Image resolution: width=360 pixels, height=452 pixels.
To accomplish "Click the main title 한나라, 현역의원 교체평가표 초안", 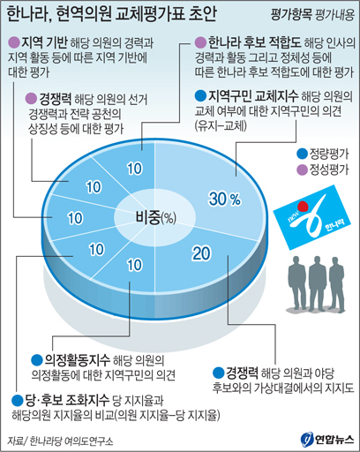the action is click(x=111, y=14).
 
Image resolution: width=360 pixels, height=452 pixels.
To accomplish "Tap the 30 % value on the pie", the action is click(x=225, y=199).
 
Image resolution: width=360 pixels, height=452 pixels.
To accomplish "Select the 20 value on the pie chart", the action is click(x=201, y=253).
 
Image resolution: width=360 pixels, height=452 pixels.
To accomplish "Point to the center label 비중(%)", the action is click(x=155, y=217).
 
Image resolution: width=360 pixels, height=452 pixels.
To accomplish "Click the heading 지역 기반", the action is click(x=44, y=42).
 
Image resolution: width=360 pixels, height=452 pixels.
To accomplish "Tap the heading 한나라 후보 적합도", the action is click(x=255, y=42).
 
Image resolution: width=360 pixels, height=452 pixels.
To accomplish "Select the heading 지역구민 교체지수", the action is click(x=253, y=95).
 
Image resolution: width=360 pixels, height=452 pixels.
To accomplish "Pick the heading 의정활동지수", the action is click(x=77, y=359).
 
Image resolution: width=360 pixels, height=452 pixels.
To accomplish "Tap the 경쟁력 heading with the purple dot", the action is click(x=56, y=99).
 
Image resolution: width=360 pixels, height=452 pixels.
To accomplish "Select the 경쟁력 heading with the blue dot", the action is click(x=242, y=373).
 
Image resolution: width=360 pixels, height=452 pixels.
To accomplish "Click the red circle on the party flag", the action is click(x=303, y=206).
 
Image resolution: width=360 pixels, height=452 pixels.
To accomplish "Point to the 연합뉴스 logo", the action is click(x=326, y=440).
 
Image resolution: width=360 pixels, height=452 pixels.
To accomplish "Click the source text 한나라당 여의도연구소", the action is click(x=71, y=441).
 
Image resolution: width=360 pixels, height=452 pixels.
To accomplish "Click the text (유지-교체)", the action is click(x=221, y=126).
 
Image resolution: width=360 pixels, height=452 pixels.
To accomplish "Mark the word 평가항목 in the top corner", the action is click(x=291, y=15).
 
